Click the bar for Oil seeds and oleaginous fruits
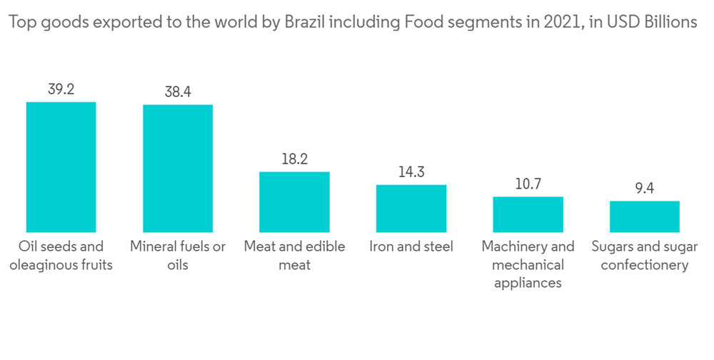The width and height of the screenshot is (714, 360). click(61, 166)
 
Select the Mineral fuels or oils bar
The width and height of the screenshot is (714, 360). click(178, 168)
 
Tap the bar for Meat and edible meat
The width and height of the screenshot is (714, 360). click(294, 201)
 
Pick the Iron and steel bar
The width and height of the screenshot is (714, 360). click(411, 208)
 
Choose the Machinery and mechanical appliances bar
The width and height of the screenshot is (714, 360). click(528, 214)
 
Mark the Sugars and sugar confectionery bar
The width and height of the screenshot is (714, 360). click(644, 216)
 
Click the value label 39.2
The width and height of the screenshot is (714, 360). click(61, 90)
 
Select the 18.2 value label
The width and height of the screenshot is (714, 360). click(294, 159)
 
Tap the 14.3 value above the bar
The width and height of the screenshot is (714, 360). click(411, 172)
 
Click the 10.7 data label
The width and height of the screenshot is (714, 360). click(528, 184)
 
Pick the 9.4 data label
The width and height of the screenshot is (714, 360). click(644, 189)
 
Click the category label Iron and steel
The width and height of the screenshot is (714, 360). click(411, 247)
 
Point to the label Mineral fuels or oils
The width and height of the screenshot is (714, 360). click(178, 256)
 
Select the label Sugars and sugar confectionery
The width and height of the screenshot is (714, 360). click(644, 256)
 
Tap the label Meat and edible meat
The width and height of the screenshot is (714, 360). click(294, 256)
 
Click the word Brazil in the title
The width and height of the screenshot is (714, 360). click(306, 23)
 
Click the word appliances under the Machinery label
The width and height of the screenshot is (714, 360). click(528, 284)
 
